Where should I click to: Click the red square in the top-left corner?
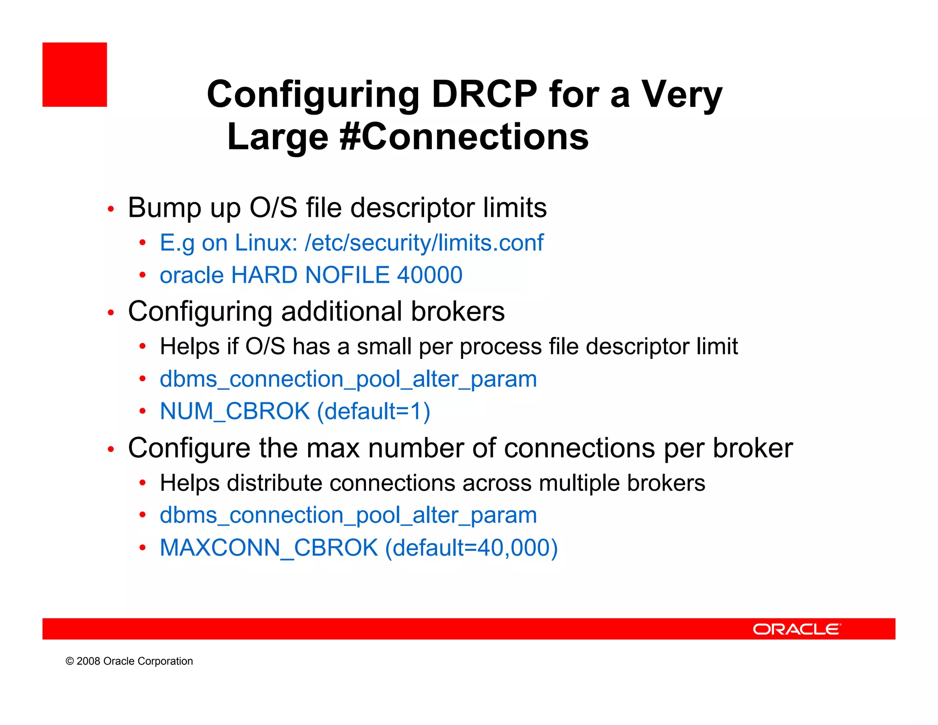75,75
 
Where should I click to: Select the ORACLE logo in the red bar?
796,629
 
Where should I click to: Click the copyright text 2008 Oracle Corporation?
129,661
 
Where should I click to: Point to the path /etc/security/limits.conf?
424,242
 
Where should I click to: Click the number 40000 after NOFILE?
430,275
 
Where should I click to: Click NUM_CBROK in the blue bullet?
234,411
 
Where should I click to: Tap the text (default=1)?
374,411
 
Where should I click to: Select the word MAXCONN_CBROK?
269,548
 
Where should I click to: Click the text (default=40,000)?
471,548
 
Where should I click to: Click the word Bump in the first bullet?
164,208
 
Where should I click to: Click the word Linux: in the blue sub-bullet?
266,242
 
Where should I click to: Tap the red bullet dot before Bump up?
110,209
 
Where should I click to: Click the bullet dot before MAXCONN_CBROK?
142,548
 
